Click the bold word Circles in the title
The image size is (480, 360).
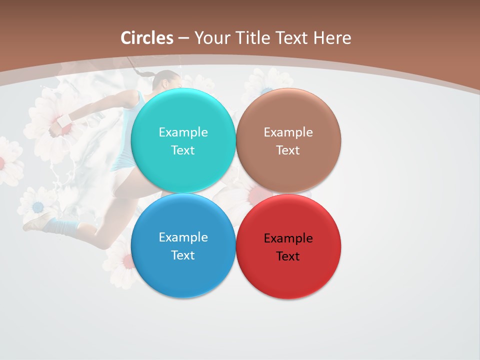pyautogui.click(x=147, y=38)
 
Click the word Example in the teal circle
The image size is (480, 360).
pyautogui.click(x=183, y=132)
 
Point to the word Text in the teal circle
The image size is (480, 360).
pyautogui.click(x=183, y=150)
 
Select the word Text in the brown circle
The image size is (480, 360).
pyautogui.click(x=288, y=150)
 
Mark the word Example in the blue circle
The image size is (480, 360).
pyautogui.click(x=183, y=237)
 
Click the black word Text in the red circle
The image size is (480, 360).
pyautogui.click(x=288, y=256)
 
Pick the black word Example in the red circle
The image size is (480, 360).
pyautogui.click(x=288, y=238)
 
